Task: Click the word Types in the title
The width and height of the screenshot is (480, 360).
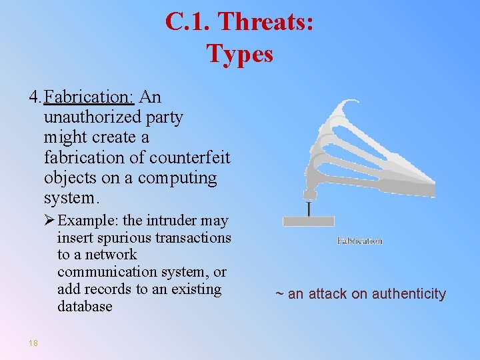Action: tap(240, 53)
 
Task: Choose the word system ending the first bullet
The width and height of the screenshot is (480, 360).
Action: tap(70, 199)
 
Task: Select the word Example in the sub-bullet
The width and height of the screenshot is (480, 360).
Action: tap(86, 221)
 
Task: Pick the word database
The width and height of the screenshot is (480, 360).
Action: tap(85, 307)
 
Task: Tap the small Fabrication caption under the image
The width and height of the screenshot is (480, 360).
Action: tap(359, 241)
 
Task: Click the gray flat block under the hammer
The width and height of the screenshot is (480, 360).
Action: tap(308, 221)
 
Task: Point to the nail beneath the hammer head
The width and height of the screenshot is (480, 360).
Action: tap(309, 208)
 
